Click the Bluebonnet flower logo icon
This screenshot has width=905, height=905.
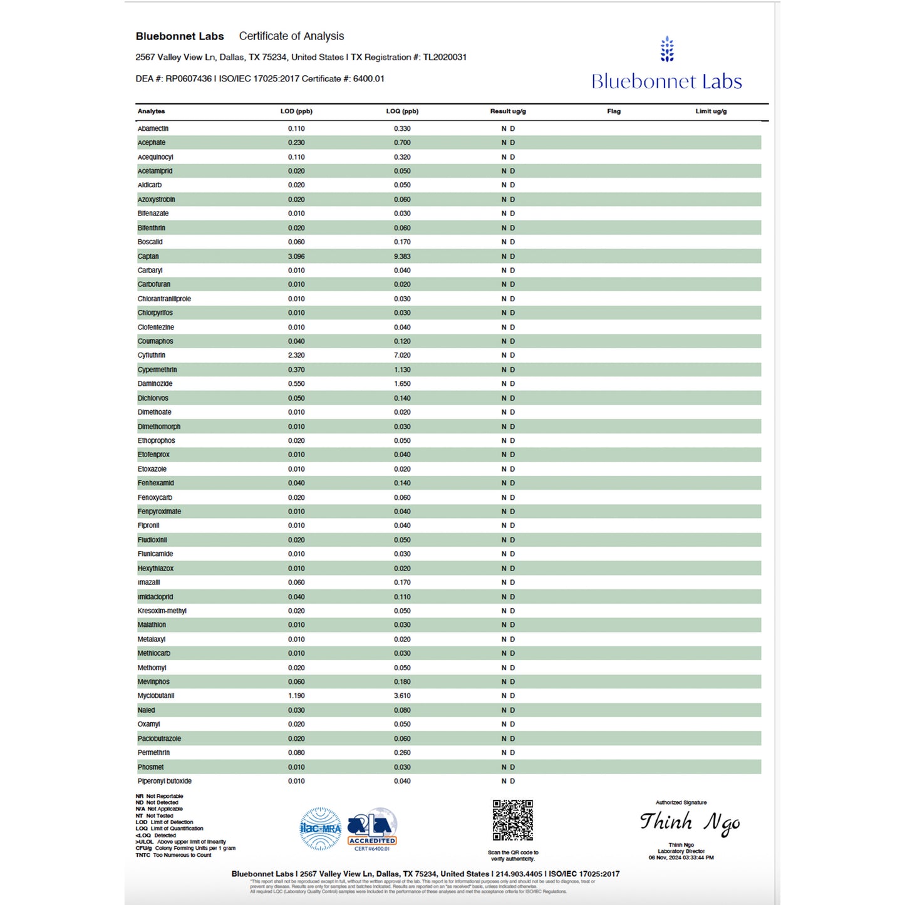[x=667, y=49]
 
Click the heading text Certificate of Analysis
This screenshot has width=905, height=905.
[x=291, y=36]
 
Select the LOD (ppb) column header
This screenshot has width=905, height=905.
[x=296, y=111]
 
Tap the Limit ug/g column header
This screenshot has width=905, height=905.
[x=711, y=111]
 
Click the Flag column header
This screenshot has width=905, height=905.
[x=614, y=111]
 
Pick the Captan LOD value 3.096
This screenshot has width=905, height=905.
[x=296, y=256]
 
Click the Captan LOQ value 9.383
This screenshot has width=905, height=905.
[x=402, y=256]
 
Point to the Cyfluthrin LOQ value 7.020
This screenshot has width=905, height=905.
[x=402, y=355]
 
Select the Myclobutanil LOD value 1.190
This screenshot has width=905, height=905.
[x=296, y=696]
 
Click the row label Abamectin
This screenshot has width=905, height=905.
[x=153, y=128]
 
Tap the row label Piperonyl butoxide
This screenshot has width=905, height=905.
[x=165, y=781]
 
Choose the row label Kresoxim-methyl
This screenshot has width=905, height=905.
[x=162, y=611]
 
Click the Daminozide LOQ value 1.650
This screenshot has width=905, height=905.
[x=402, y=383]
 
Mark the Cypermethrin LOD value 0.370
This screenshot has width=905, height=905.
[x=296, y=370]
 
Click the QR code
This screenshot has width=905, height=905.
[x=512, y=820]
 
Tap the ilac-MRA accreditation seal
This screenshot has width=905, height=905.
[x=321, y=829]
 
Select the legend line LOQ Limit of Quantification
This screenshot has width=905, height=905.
[x=170, y=829]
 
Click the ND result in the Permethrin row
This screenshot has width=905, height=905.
[x=508, y=753]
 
